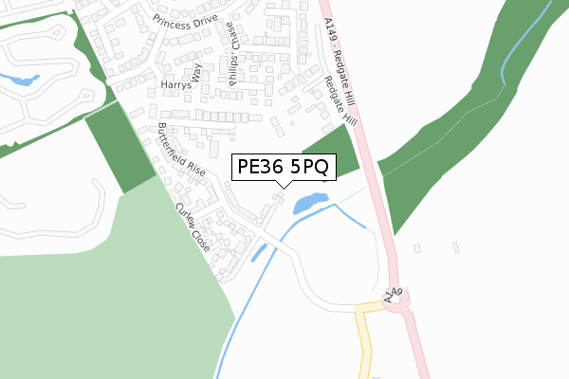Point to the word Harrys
point(175,85)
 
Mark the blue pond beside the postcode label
point(310,203)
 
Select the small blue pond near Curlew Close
point(258,252)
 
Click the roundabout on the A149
point(400,303)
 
